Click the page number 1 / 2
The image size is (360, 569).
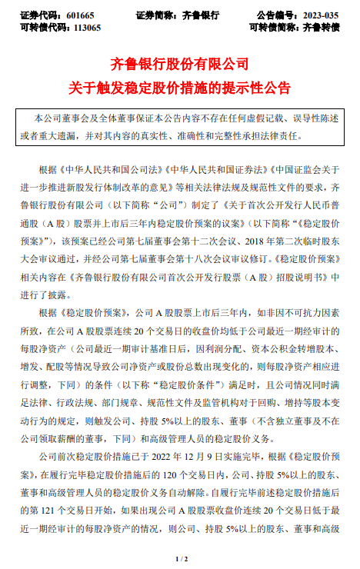(180, 557)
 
